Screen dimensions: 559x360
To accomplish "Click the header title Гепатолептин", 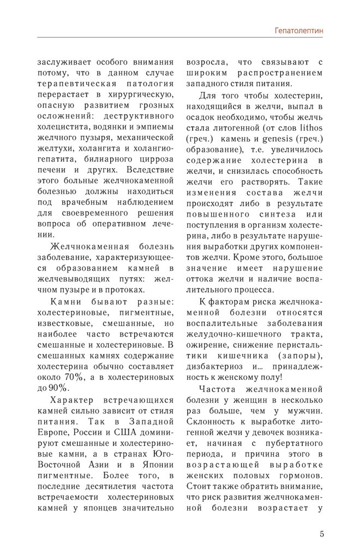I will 298,32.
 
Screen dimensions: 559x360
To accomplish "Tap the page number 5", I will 322,533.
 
